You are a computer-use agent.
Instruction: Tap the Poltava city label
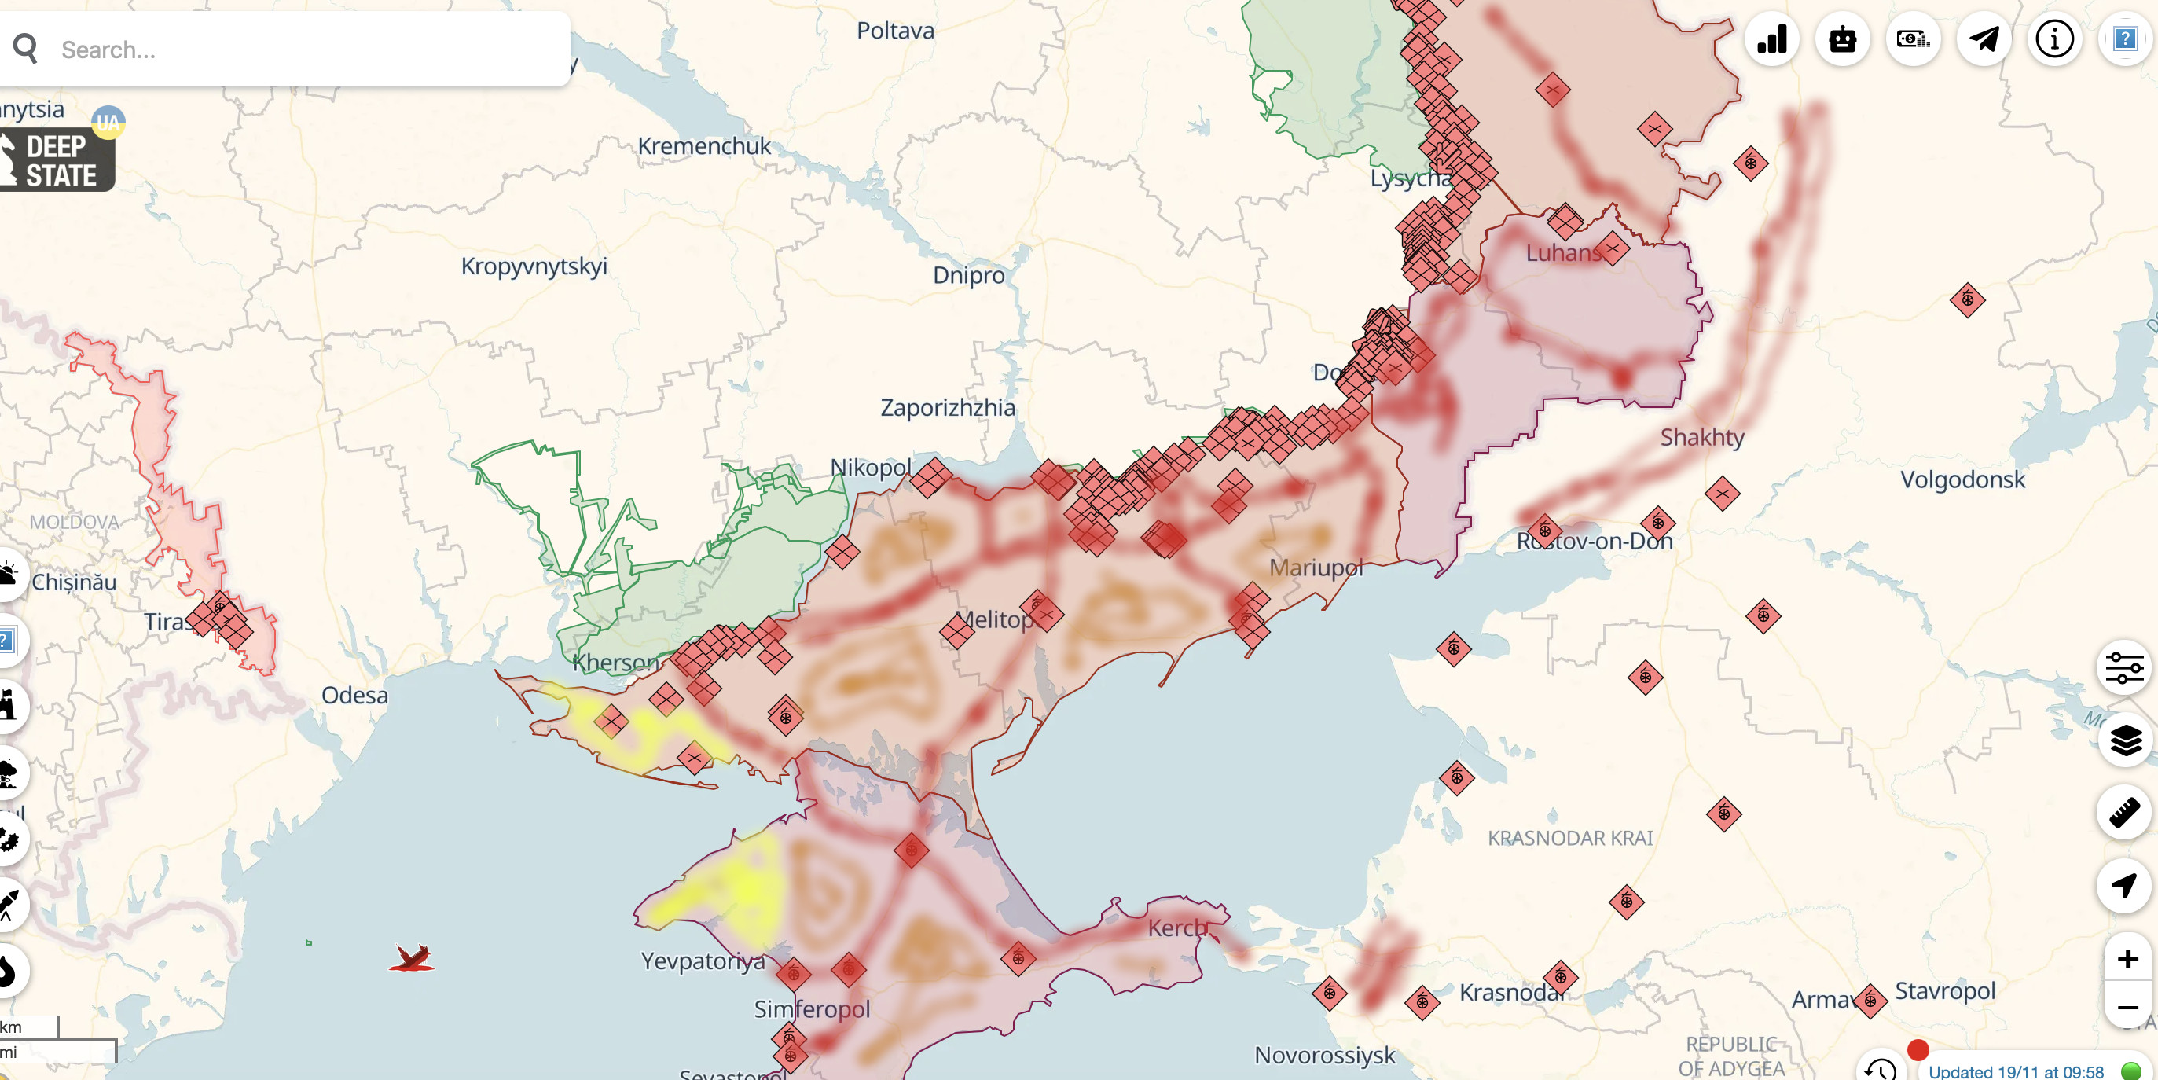click(894, 31)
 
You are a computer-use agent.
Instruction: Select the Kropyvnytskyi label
click(534, 266)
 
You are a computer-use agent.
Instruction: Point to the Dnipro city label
click(968, 275)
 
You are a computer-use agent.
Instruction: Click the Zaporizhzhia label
click(947, 408)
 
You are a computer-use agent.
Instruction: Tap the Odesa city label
click(354, 696)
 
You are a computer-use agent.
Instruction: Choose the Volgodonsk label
click(1962, 480)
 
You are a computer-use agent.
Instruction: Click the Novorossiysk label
click(1324, 1056)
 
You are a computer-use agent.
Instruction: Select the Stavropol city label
click(1944, 991)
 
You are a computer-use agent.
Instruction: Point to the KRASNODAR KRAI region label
click(1570, 838)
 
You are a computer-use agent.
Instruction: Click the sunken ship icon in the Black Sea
click(411, 957)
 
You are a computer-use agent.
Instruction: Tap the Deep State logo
click(57, 160)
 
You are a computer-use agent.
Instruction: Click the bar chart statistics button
click(1772, 39)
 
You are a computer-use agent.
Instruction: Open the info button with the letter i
click(2053, 39)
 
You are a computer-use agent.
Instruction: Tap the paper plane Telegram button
click(1983, 39)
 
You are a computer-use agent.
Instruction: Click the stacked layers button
click(2125, 740)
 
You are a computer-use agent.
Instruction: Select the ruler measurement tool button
click(2125, 813)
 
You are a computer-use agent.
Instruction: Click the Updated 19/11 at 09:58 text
click(2016, 1071)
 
